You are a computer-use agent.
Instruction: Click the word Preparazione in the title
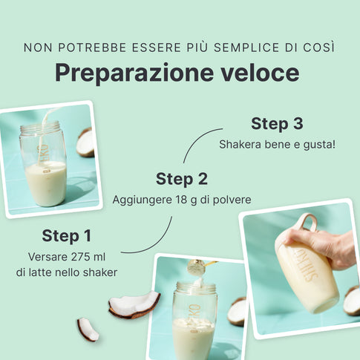coord(134,73)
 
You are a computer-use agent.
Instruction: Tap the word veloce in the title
coord(260,72)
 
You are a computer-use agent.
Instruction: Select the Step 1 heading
coord(67,235)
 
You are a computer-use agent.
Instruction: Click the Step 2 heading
coord(182,179)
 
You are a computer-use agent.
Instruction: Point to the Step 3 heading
coord(277,123)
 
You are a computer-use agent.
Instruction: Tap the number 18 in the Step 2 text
coord(180,200)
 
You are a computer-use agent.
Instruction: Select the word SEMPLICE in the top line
coord(246,48)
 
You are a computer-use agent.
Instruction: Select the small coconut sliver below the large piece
coord(88,330)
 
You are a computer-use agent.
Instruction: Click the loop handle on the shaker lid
coord(307,222)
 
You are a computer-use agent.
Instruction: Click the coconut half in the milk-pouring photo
coord(85,143)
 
